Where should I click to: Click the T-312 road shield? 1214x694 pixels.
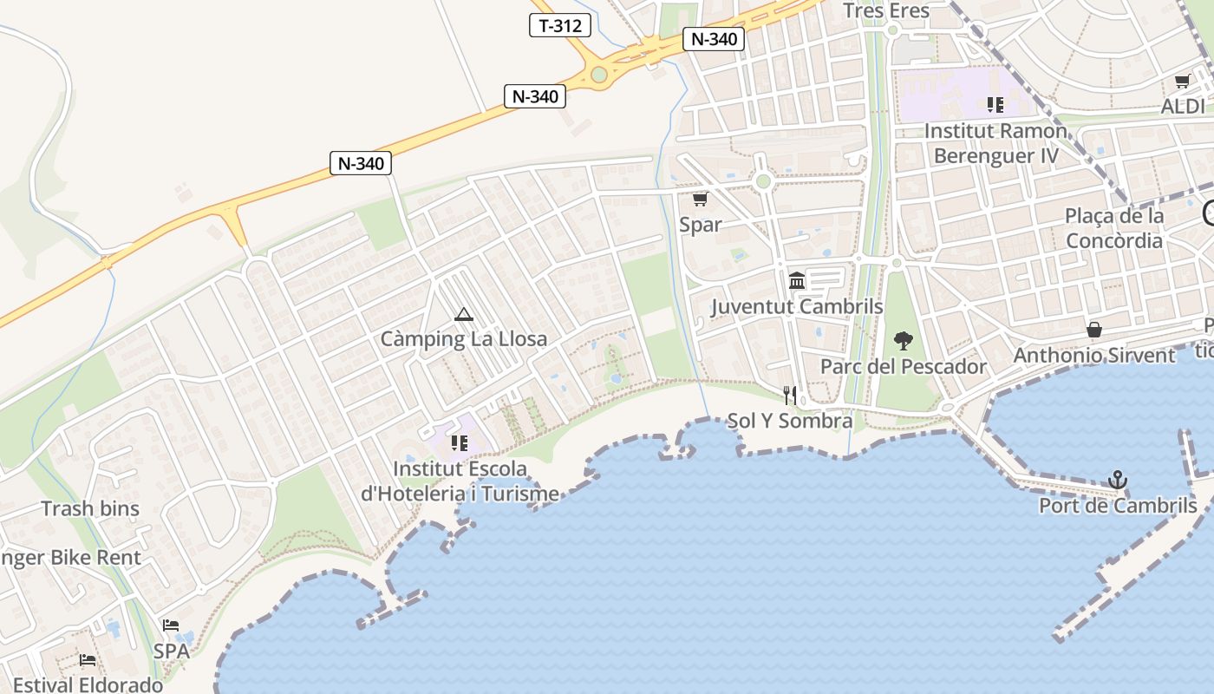560,25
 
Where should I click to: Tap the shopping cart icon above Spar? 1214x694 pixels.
700,200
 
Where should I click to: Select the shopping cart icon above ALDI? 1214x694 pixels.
1182,82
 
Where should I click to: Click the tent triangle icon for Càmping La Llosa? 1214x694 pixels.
464,314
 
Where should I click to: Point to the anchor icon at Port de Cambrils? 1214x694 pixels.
1118,480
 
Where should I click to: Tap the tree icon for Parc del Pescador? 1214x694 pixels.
904,341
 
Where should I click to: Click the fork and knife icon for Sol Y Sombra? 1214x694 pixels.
789,396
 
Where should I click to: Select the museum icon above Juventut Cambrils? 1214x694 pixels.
797,281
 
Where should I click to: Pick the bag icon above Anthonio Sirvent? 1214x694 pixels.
1094,330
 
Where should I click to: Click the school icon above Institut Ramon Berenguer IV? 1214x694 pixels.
995,105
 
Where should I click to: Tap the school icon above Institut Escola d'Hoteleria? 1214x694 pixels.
460,443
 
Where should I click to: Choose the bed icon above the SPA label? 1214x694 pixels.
171,625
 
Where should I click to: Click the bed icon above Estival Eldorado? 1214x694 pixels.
88,660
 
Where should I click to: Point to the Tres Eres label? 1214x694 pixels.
886,10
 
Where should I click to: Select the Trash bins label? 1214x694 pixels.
90,508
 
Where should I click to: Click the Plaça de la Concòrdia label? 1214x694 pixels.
1114,228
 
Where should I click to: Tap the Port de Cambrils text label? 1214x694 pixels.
1118,506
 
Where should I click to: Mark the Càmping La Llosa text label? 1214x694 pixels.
464,339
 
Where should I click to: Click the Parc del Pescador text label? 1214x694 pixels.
904,367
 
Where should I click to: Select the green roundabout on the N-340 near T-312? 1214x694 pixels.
598,75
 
